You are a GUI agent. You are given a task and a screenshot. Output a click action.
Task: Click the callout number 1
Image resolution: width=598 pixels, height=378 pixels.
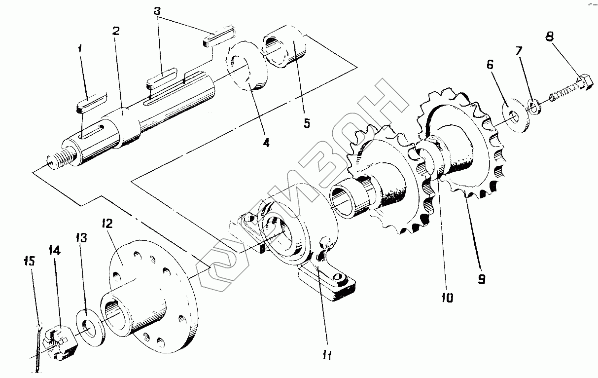point(80,49)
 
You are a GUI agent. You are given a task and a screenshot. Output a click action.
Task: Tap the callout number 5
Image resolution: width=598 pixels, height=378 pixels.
point(307,123)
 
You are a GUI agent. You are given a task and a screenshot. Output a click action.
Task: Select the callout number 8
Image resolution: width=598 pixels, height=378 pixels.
point(549,37)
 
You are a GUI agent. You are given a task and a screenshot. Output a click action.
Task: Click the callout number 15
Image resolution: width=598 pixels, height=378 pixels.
point(30,261)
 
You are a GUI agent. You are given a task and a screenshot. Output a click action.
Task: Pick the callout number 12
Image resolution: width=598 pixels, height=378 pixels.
point(107,224)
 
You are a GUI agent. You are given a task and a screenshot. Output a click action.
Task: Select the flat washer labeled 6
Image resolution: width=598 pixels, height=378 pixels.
point(516,116)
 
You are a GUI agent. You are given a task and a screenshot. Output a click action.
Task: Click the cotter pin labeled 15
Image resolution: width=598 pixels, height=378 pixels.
point(38,348)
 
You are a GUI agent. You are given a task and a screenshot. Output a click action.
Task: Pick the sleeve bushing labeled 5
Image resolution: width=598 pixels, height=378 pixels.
point(284,46)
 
